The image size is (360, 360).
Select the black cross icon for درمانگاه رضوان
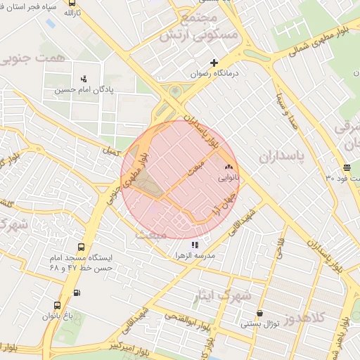coord(214,63)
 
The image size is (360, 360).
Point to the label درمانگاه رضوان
coord(215,73)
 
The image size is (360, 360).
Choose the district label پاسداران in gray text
coord(284,156)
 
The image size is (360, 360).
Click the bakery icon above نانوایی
coord(228,167)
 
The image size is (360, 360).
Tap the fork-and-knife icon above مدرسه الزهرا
coord(195,245)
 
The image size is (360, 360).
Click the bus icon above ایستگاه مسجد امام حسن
coord(82,247)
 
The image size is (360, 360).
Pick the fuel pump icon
coord(77,293)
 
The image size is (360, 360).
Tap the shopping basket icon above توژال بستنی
coord(259,314)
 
